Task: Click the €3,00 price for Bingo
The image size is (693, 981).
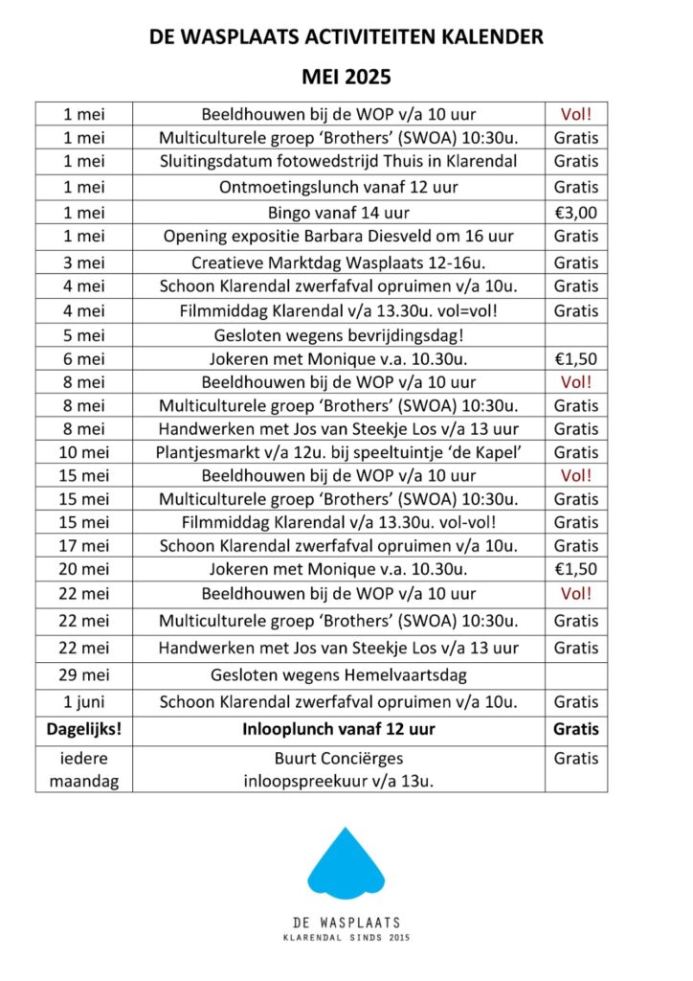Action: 576,212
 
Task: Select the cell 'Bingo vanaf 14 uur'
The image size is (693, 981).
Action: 338,212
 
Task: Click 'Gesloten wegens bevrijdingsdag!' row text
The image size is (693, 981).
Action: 338,335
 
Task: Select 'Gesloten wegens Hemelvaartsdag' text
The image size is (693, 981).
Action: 338,674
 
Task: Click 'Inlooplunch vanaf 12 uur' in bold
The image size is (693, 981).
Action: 338,730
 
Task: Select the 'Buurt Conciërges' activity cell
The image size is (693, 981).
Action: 338,769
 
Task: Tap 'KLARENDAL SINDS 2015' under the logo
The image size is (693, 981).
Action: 346,939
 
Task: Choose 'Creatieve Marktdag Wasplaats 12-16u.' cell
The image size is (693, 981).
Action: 338,262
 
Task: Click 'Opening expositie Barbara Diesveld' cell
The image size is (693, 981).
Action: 338,236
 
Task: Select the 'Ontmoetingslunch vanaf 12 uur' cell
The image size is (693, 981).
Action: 338,187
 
